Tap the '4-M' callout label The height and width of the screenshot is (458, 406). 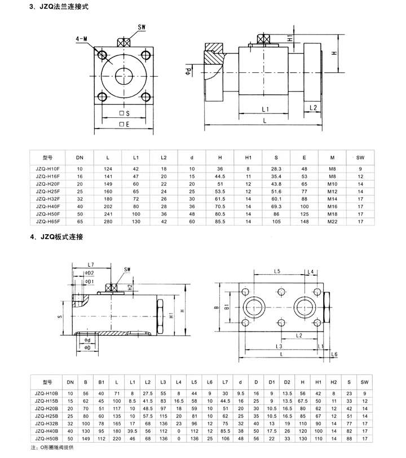pos(82,39)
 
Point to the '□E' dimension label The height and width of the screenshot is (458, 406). pos(125,124)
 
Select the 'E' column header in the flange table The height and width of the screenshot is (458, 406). pos(304,156)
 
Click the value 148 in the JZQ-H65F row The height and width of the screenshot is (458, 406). pos(304,222)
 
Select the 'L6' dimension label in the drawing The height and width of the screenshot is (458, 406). pos(334,353)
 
